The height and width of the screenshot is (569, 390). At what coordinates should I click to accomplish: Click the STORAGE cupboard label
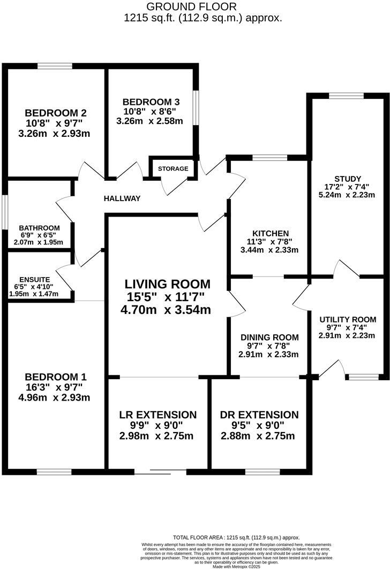click(173, 169)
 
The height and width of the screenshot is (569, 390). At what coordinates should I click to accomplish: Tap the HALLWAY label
click(122, 198)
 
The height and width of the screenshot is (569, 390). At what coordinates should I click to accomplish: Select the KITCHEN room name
click(271, 233)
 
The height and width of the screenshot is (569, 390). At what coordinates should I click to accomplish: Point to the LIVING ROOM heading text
click(168, 284)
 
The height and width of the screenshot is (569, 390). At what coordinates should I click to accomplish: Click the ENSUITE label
click(34, 280)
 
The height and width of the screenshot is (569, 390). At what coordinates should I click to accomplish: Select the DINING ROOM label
click(269, 337)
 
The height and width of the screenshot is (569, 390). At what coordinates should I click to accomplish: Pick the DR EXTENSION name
click(259, 415)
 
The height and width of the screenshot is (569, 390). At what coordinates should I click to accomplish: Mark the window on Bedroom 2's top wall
click(55, 66)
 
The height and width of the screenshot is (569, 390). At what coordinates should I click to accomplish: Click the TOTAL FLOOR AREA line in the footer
click(236, 537)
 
